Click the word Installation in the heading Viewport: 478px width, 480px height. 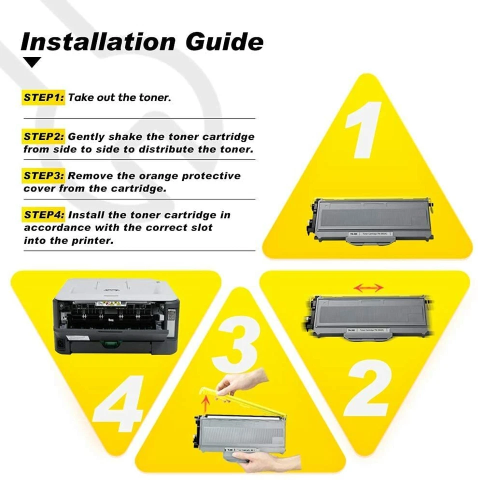tap(98, 41)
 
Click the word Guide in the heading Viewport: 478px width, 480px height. tap(224, 41)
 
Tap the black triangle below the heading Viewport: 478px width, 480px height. tap(33, 62)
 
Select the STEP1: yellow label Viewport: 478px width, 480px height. tap(43, 97)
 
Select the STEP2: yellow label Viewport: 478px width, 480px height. tap(43, 136)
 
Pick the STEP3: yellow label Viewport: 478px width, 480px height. tap(43, 176)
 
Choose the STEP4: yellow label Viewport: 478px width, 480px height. tap(43, 215)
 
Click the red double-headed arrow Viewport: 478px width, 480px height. tap(368, 287)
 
